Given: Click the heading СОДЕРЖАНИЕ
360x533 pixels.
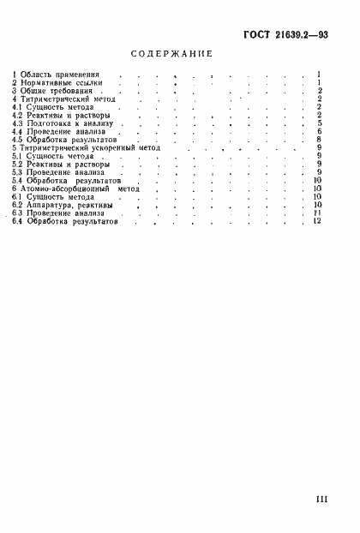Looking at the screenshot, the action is pyautogui.click(x=171, y=53).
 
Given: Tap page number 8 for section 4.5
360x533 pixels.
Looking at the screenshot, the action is pyautogui.click(x=318, y=140).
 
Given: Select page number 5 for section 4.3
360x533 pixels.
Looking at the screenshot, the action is pyautogui.click(x=318, y=123).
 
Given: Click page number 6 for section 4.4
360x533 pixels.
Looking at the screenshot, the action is pyautogui.click(x=318, y=132).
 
